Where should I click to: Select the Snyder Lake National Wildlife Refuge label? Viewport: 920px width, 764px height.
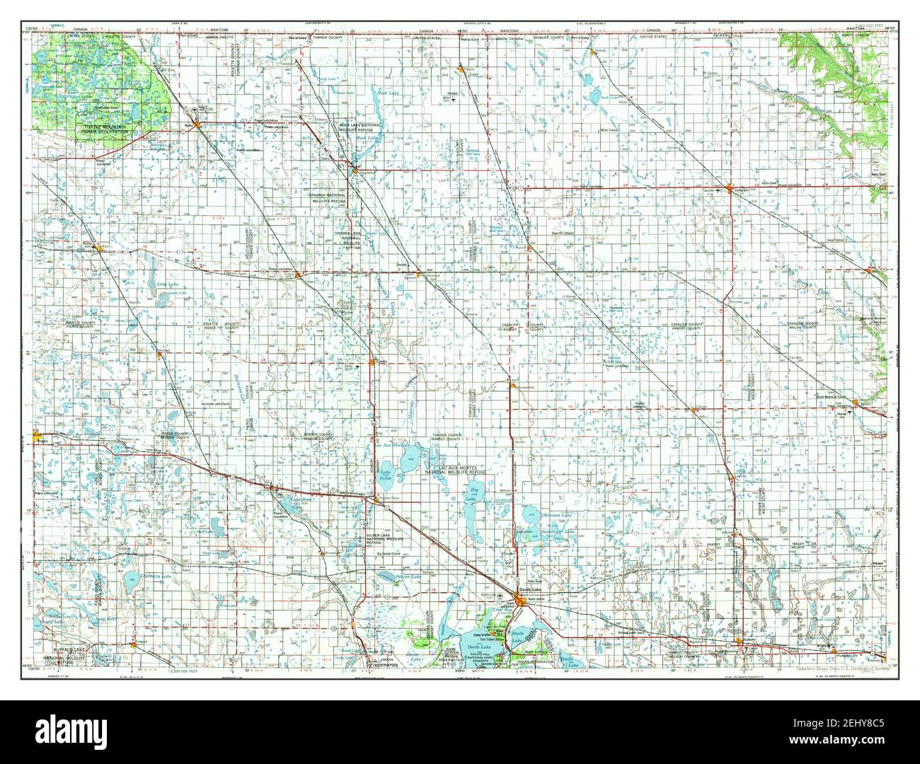pyautogui.click(x=352, y=240)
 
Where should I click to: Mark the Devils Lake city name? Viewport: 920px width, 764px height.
pyautogui.click(x=529, y=589)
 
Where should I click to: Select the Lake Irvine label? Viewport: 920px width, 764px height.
pyautogui.click(x=386, y=475)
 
